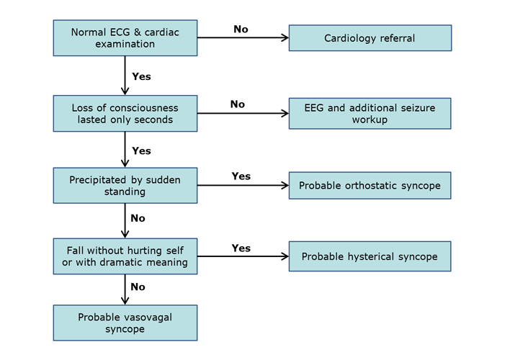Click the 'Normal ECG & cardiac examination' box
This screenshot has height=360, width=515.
pyautogui.click(x=125, y=38)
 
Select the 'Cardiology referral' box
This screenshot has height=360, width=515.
pyautogui.click(x=370, y=38)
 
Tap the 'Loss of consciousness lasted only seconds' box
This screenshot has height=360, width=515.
pyautogui.click(x=125, y=113)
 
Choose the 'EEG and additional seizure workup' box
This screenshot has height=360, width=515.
pyautogui.click(x=370, y=113)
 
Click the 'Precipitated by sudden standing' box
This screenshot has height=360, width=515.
pyautogui.click(x=125, y=186)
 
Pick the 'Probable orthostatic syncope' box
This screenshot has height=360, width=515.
pyautogui.click(x=370, y=186)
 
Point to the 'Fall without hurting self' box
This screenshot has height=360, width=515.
pyautogui.click(x=125, y=256)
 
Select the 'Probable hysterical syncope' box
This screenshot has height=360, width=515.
pyautogui.click(x=370, y=256)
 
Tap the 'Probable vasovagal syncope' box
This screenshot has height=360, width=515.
pyautogui.click(x=125, y=323)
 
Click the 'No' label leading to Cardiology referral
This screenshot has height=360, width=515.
pyautogui.click(x=241, y=29)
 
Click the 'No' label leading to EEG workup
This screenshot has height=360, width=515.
pyautogui.click(x=238, y=104)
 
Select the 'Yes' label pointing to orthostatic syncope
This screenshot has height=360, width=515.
pyautogui.click(x=241, y=176)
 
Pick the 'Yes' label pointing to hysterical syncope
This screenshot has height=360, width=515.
pyautogui.click(x=241, y=248)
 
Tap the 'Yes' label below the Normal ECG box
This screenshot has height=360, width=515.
pyautogui.click(x=141, y=76)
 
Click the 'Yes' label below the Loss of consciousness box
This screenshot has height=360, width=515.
pyautogui.click(x=141, y=150)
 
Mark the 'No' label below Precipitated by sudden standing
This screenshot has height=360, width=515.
pyautogui.click(x=138, y=218)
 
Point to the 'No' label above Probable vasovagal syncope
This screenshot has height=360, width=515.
pyautogui.click(x=138, y=287)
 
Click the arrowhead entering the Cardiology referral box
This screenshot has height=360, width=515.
pyautogui.click(x=285, y=38)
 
